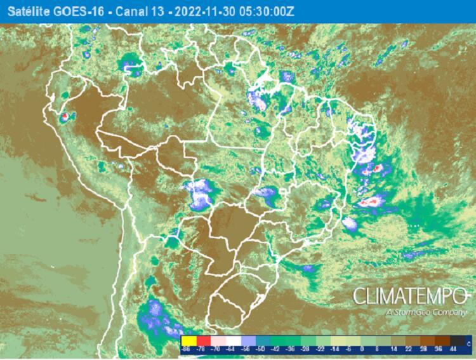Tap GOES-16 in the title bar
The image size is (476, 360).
pos(69,11)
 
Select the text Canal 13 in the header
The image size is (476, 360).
pos(125,11)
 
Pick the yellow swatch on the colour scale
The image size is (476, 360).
pos(188,341)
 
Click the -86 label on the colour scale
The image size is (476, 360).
pos(186,350)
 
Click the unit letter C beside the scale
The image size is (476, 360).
pos(468,343)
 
